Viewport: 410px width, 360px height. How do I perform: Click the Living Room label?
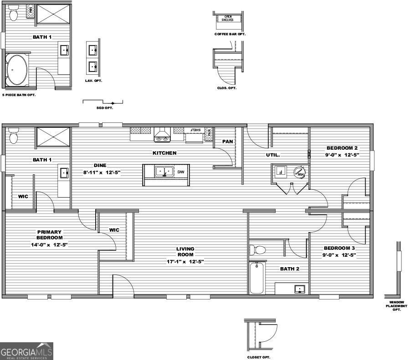coord(185,252)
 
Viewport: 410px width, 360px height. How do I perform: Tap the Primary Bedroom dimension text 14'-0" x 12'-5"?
coord(49,245)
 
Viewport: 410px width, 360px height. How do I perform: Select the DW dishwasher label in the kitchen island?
coord(180,172)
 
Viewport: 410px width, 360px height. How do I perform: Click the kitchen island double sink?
coord(164,171)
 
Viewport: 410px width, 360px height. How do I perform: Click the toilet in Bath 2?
coord(257,250)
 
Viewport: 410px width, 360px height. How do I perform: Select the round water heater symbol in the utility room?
coord(299,172)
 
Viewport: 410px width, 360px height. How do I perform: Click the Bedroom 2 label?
coord(342,148)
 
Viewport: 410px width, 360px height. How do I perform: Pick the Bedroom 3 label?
coord(339,248)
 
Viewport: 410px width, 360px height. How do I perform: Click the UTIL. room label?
coord(273,155)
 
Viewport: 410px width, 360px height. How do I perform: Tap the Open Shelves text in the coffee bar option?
coord(226,18)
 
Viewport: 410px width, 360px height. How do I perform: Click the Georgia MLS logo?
coord(26,351)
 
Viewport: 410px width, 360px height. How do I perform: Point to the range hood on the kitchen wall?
coord(161,135)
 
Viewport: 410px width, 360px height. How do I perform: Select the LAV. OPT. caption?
coord(93,81)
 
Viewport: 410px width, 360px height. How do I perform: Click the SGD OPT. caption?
coord(105,108)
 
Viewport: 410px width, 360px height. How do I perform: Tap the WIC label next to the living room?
coord(114,230)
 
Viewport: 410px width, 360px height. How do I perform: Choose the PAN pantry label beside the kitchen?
coord(227,142)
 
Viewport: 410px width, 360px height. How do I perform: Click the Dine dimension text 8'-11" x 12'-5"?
coord(101,172)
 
